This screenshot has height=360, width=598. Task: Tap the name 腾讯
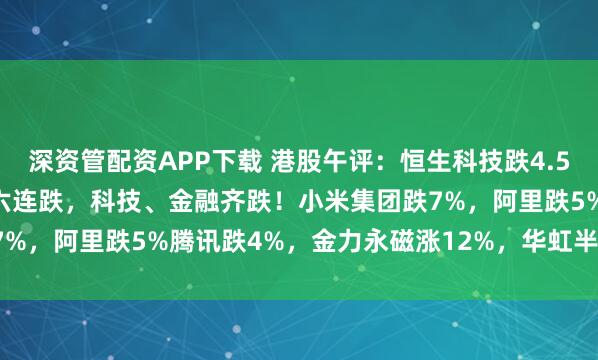pyautogui.click(x=176, y=238)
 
